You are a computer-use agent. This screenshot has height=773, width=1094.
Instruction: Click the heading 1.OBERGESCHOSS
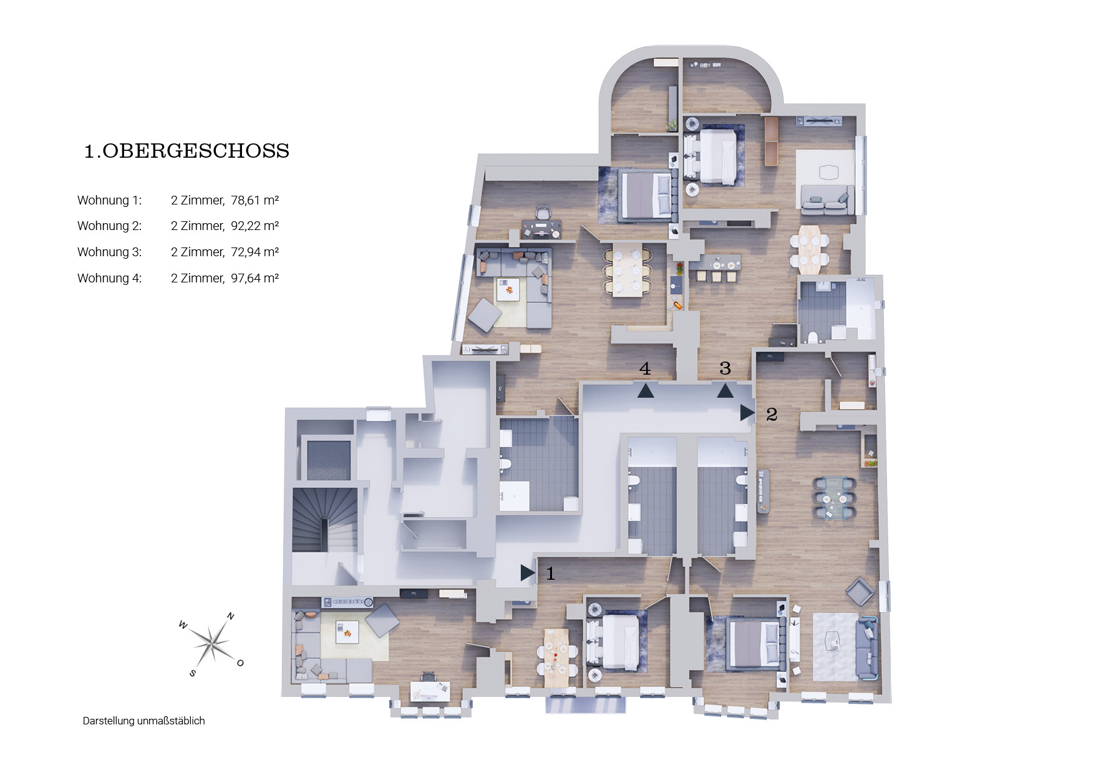point(186,151)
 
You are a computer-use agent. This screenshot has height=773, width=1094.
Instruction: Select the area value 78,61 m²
point(254,200)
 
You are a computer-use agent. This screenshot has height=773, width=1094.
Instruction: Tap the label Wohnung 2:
point(110,226)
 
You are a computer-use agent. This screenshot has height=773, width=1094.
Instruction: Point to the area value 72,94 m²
point(254,252)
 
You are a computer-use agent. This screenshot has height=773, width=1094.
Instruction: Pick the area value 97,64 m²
point(254,278)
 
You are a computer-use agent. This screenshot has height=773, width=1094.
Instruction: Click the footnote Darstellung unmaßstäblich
point(143,721)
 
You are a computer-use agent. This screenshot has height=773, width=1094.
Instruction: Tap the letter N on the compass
point(230,616)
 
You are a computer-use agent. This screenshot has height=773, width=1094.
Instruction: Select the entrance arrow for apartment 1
point(528,572)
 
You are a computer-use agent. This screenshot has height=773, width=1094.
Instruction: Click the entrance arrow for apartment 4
point(646,391)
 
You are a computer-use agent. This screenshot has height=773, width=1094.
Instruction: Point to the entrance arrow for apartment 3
point(725,391)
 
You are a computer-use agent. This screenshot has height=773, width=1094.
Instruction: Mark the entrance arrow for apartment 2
point(747,412)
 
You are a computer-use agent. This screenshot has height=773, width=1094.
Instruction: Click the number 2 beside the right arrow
point(772,414)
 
